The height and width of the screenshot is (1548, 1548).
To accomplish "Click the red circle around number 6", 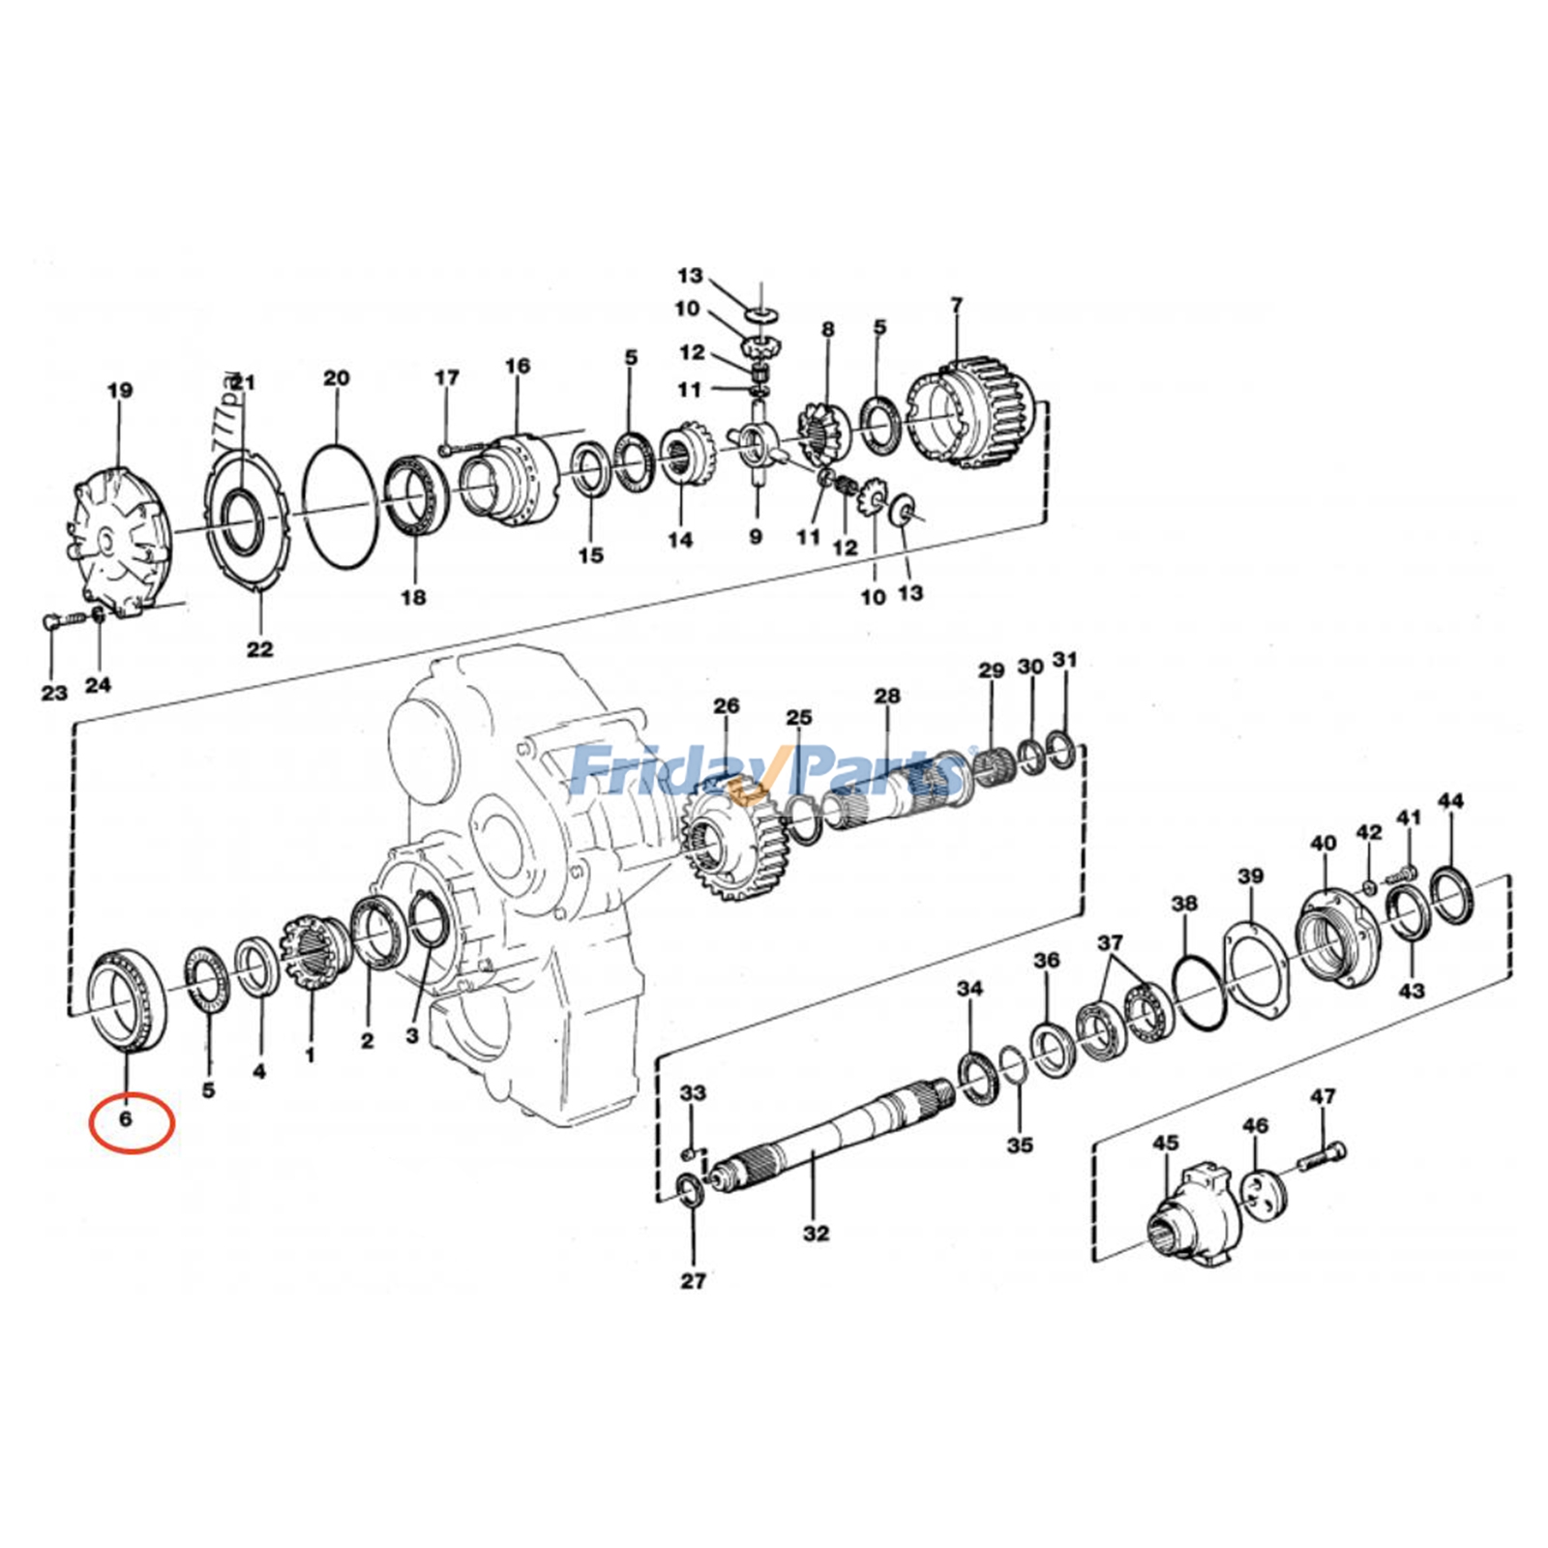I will (x=131, y=1122).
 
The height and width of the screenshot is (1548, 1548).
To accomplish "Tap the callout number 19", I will (x=119, y=391).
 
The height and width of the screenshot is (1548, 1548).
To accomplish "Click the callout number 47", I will (x=1323, y=1096).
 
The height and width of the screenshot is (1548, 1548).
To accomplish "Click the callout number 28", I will (x=886, y=696).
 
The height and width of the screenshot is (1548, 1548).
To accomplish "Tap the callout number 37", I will (x=1110, y=942).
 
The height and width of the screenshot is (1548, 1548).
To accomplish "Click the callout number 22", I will (x=259, y=649).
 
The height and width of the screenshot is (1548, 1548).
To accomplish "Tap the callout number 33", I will (x=693, y=1093).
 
